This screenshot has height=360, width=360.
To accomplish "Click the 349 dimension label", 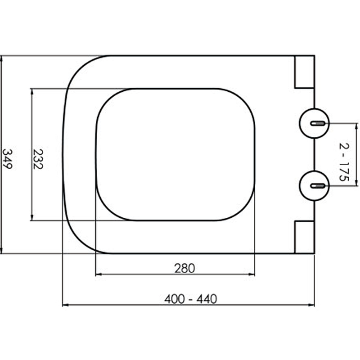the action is point(7,159).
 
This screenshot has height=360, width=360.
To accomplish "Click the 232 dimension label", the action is point(38,159).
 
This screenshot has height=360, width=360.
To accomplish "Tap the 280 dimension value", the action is point(184,268).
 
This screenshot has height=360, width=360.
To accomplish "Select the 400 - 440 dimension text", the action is point(190,299).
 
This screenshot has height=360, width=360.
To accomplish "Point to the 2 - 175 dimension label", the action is point(344,162).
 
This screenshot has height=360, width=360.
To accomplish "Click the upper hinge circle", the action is point(314,123).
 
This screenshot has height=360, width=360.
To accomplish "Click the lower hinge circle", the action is point(314,186).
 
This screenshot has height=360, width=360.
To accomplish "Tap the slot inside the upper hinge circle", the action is point(318,123).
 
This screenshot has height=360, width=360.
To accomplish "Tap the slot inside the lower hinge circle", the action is point(318,186).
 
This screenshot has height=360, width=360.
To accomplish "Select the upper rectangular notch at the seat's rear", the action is point(305,72).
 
